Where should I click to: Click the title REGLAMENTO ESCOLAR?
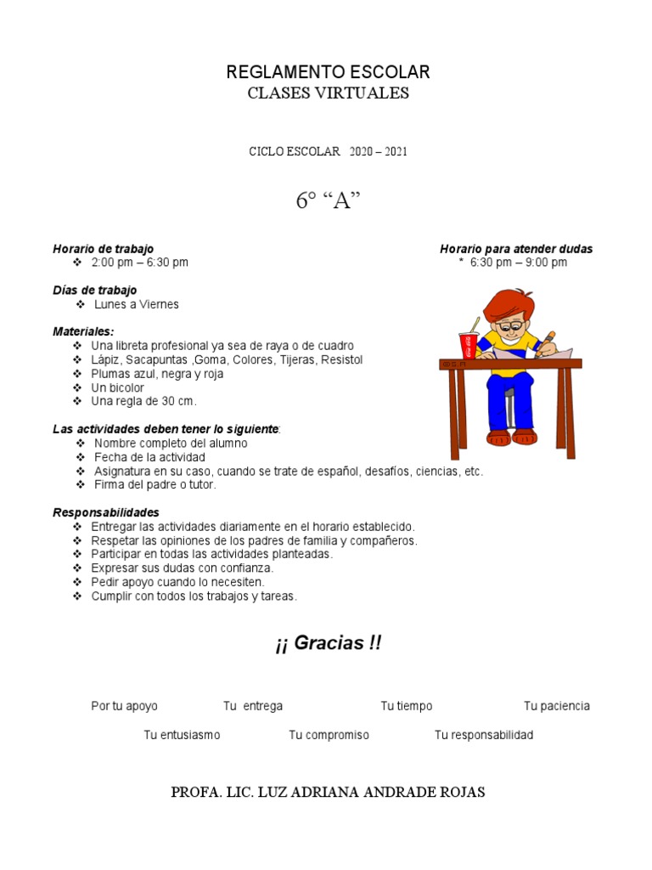(x=328, y=72)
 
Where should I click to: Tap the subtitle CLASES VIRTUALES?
(x=328, y=93)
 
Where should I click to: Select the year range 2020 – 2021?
(x=378, y=152)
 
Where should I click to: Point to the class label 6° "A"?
(x=328, y=201)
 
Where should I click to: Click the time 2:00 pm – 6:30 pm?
(x=140, y=263)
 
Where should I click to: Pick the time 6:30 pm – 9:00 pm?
(x=518, y=263)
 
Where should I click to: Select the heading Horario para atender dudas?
(x=516, y=249)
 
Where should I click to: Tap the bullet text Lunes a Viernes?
(x=136, y=304)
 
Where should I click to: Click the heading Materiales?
(x=83, y=331)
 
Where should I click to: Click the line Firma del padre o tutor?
(x=155, y=484)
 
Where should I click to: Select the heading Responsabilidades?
(x=106, y=512)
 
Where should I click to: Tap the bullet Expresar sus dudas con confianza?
(x=182, y=568)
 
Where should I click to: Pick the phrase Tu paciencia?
(x=556, y=706)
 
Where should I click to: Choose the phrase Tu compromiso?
(x=329, y=735)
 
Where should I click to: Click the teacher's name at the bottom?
(x=328, y=792)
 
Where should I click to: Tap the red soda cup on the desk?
(x=468, y=344)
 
